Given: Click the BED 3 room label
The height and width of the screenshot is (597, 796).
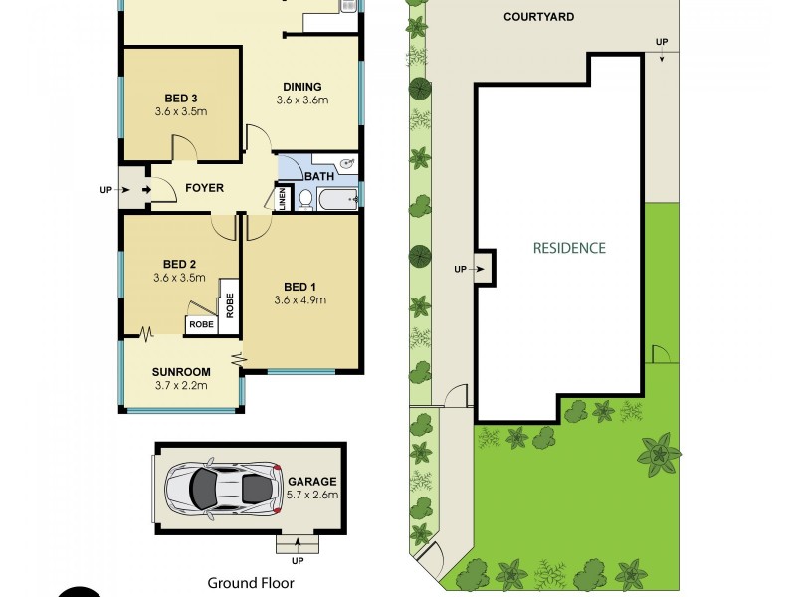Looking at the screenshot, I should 181,98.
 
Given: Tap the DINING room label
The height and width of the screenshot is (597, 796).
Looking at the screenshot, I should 301,87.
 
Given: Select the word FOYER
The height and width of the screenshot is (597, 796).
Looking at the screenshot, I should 203,188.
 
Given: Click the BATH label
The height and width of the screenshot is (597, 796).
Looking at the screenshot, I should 319,177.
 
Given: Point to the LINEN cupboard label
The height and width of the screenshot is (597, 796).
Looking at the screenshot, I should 282,198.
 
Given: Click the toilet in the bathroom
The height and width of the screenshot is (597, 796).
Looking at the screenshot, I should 305,200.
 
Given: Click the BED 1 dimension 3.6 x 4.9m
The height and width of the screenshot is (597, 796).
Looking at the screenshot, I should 301,299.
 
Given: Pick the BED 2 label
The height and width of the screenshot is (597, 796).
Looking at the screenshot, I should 181,264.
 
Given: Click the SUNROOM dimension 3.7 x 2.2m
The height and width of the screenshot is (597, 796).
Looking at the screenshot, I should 181,386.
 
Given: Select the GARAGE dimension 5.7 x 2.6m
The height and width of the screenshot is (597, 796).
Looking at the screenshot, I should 313,495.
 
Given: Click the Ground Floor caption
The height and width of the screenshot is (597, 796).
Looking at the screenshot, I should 251,583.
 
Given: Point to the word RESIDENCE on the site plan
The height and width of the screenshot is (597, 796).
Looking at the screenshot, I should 568,248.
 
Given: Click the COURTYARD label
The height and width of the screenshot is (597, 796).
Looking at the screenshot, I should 538,17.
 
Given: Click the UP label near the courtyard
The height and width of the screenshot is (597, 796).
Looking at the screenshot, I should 662,41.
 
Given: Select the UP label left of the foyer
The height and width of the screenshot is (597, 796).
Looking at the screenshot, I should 106,189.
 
